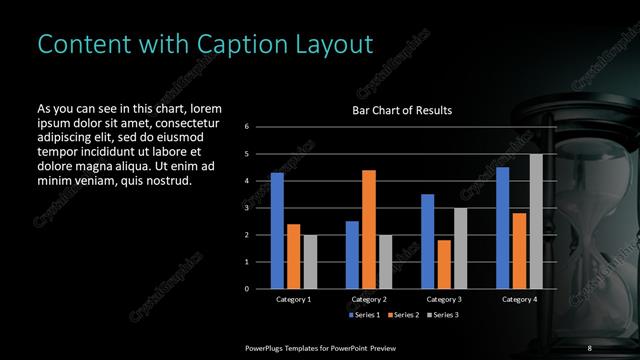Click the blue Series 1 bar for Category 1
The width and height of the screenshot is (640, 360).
(277, 231)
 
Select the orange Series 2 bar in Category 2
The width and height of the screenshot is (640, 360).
(368, 229)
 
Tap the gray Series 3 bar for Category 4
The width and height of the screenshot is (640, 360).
(535, 221)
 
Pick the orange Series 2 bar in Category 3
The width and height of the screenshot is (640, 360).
(443, 264)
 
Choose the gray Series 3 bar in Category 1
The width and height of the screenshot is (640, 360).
(309, 262)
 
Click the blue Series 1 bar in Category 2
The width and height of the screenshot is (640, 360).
(352, 255)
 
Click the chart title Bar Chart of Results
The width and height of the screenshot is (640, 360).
(402, 110)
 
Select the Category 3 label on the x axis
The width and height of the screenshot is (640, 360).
(443, 299)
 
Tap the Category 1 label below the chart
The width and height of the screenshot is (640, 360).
(293, 299)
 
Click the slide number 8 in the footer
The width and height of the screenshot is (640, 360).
(589, 347)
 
